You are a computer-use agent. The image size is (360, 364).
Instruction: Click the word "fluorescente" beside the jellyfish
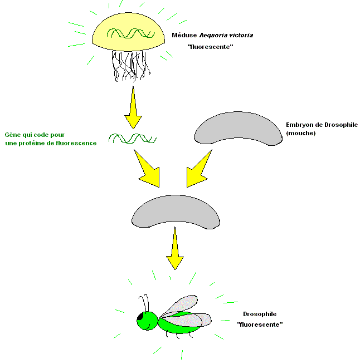[210, 47]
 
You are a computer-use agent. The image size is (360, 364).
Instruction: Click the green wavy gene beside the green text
[132, 138]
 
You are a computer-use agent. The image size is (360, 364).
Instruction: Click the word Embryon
[299, 125]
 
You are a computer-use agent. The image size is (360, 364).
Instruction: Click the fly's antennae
[145, 303]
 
